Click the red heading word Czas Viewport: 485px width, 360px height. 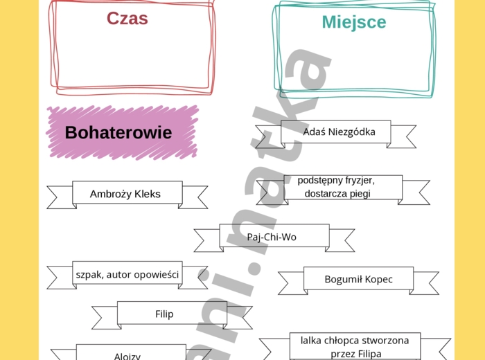click(127, 19)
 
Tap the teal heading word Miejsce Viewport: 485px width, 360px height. click(353, 22)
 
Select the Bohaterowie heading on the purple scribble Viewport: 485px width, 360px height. click(118, 132)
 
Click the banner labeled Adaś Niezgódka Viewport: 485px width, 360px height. click(339, 132)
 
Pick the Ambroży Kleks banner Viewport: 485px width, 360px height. click(125, 194)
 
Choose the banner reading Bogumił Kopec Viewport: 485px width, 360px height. click(358, 280)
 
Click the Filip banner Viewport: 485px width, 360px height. click(164, 314)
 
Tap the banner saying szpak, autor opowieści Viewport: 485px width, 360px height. click(127, 275)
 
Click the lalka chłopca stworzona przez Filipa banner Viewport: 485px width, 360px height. click(354, 346)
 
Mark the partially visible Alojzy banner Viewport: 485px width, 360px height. click(127, 355)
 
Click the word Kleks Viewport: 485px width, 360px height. click(148, 194)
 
